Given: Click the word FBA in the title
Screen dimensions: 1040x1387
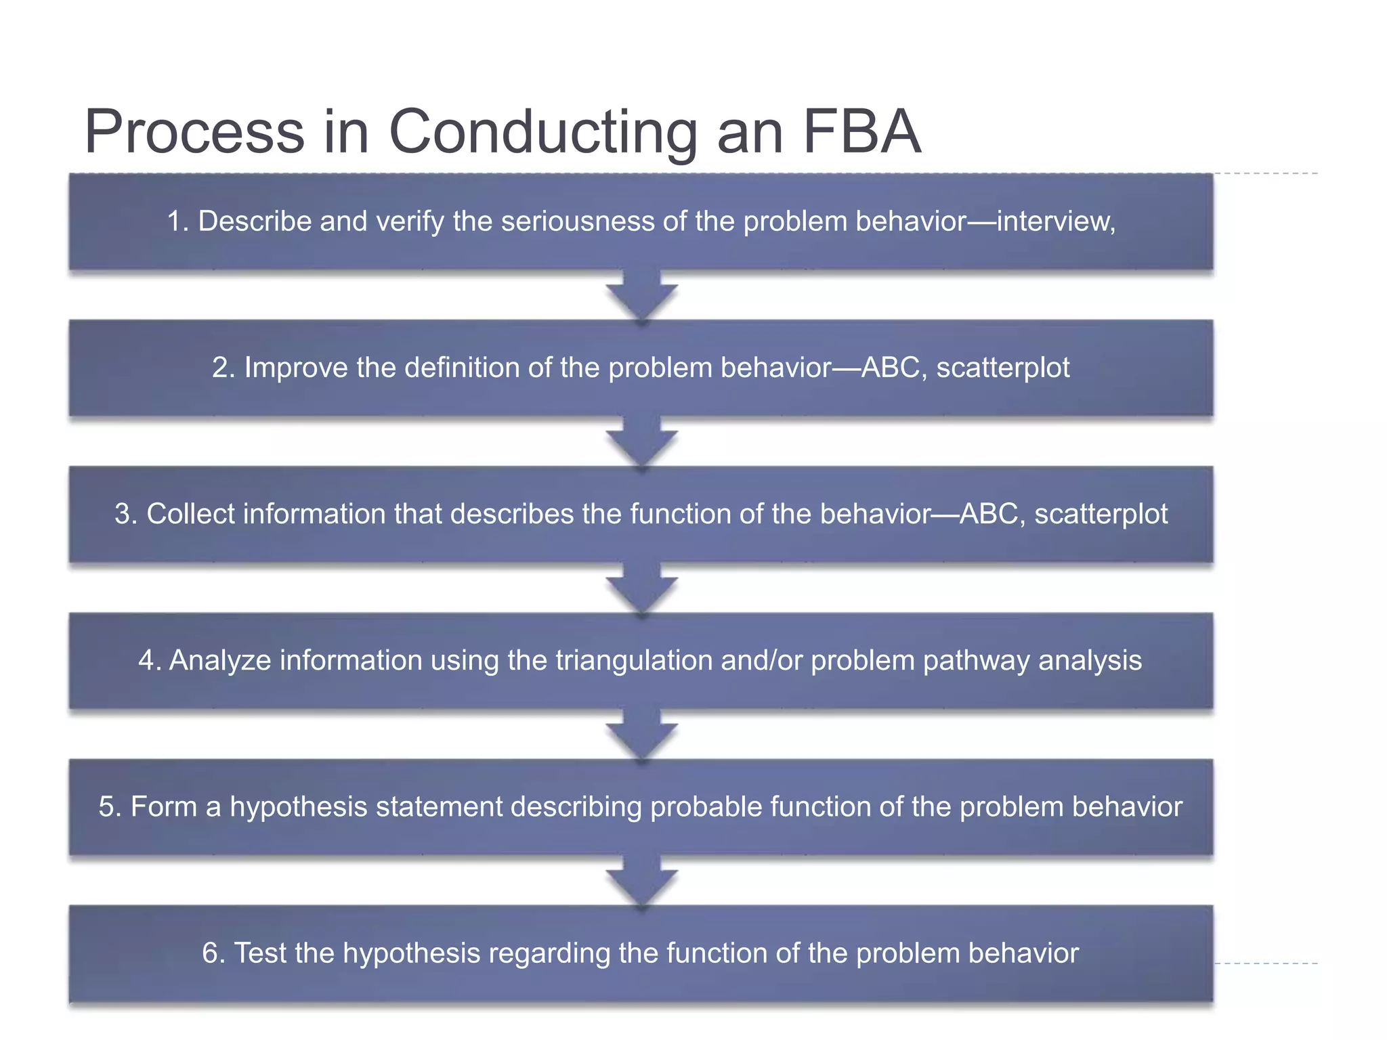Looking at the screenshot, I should [x=861, y=131].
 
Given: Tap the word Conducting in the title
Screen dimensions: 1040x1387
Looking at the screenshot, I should [x=542, y=131].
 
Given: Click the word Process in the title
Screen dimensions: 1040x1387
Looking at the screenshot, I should [x=194, y=131].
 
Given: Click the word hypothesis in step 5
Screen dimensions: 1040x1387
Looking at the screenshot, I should [x=299, y=806].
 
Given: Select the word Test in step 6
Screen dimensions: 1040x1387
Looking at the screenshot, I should [x=259, y=953].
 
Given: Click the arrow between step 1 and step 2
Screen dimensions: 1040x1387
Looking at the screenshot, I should [x=641, y=296].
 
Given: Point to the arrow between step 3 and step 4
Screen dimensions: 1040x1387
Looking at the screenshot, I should [x=641, y=588].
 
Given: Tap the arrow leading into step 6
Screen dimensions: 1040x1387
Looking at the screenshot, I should [x=641, y=881].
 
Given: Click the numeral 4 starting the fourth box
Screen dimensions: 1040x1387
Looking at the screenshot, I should [x=146, y=660].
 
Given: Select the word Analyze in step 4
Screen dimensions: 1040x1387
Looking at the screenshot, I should [x=219, y=660].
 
